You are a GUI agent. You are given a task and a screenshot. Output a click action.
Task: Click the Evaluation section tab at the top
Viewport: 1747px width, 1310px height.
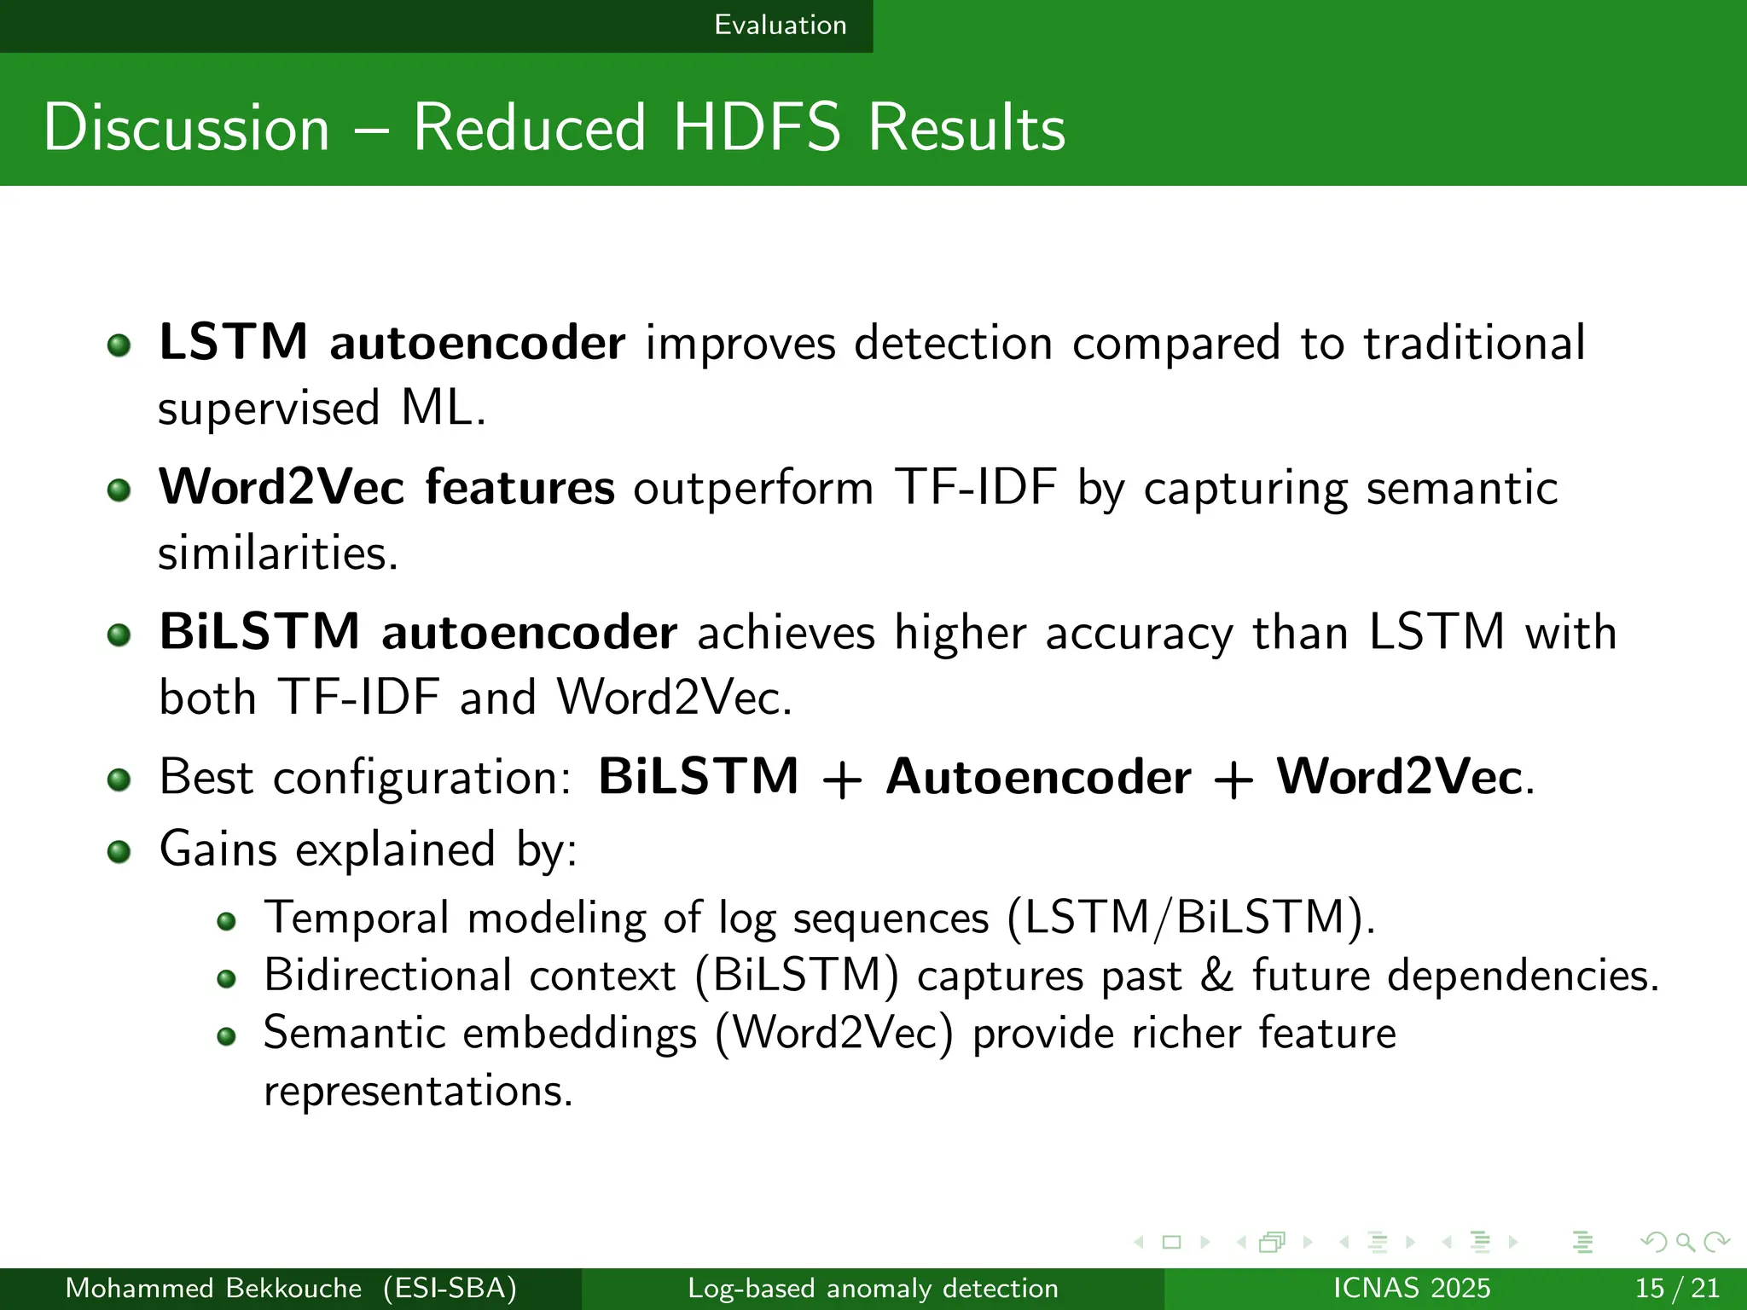point(780,25)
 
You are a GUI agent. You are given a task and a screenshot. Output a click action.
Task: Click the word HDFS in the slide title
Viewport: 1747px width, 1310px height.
point(756,128)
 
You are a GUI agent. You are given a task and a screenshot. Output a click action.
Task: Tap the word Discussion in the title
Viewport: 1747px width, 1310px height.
point(186,128)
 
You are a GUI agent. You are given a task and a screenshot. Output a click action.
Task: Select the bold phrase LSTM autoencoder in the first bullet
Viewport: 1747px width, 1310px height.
point(392,343)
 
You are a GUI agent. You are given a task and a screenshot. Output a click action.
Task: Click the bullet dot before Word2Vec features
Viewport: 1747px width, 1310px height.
point(119,490)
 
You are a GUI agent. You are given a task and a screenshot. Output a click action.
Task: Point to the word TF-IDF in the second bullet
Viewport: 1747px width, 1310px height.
point(975,488)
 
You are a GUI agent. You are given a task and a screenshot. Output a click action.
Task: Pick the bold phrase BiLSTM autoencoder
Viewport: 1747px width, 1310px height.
point(418,633)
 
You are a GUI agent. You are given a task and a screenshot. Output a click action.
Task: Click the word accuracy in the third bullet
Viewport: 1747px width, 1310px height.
point(1139,635)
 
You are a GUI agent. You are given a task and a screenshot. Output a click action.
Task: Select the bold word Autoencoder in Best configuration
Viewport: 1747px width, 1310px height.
point(1038,778)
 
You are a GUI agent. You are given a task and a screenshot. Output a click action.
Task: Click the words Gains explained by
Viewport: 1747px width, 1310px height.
point(368,849)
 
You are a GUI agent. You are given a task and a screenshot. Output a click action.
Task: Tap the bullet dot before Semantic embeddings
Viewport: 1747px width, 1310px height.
point(226,1037)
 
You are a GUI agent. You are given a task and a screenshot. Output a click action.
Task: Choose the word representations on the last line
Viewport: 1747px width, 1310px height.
point(417,1091)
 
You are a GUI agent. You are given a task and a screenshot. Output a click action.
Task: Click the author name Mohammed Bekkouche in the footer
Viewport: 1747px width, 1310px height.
point(213,1288)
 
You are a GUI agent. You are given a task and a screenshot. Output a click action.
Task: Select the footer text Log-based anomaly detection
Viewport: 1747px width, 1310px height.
point(873,1288)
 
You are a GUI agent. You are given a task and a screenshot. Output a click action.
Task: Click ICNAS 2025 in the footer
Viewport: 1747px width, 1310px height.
point(1411,1288)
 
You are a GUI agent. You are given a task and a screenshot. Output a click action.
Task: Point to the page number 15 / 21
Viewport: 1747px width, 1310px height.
point(1676,1288)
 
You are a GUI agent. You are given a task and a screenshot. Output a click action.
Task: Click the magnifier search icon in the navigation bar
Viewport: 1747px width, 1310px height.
point(1685,1243)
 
